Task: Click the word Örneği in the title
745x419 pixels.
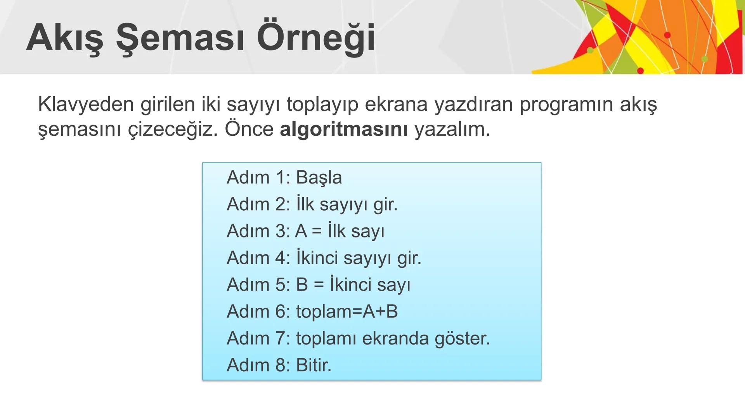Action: point(316,38)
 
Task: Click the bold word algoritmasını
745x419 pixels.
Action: point(343,129)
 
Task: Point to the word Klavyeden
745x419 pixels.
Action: point(86,104)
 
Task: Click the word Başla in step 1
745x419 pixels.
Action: point(319,178)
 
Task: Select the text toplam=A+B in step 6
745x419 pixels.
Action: point(347,312)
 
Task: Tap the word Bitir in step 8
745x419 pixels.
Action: point(313,365)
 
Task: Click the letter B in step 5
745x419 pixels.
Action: point(302,285)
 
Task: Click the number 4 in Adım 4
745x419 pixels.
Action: point(281,258)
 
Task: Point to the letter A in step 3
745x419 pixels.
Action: point(301,231)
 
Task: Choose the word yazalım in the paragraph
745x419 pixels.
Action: point(452,129)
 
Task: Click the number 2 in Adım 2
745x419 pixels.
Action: point(281,204)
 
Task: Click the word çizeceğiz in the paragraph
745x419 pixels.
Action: point(173,129)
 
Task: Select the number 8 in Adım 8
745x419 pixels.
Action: point(281,365)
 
